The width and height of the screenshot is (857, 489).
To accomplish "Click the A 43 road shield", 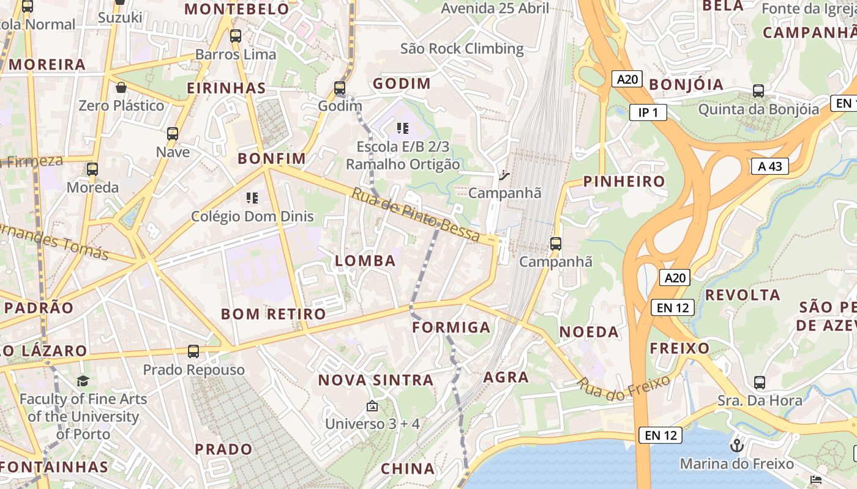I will click(769, 166).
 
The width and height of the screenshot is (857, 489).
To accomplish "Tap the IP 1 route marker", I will click(648, 112).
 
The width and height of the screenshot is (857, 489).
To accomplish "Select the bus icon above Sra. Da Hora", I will click(760, 383).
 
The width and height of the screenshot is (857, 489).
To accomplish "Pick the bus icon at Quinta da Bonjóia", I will click(758, 91).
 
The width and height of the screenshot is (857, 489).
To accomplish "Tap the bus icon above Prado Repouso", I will click(193, 351).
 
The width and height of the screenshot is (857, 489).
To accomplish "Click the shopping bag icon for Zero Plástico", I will click(121, 87).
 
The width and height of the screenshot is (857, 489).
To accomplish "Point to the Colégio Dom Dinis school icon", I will click(252, 198).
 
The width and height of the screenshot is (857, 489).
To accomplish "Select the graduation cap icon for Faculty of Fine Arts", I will click(83, 381).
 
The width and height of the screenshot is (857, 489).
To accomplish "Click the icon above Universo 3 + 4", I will click(372, 406).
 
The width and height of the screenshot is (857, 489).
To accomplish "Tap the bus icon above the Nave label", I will click(173, 134).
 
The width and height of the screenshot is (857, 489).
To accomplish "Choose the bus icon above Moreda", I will click(92, 169).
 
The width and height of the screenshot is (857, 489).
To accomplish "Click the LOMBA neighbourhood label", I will click(365, 261).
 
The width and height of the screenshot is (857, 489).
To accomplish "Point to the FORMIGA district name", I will click(451, 328).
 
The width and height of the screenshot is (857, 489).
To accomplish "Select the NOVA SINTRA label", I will click(375, 380).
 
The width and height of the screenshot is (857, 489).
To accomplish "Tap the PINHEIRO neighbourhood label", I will click(624, 182).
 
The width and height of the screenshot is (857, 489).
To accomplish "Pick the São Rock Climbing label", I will click(462, 49).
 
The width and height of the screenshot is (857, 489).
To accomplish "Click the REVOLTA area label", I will click(743, 295).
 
